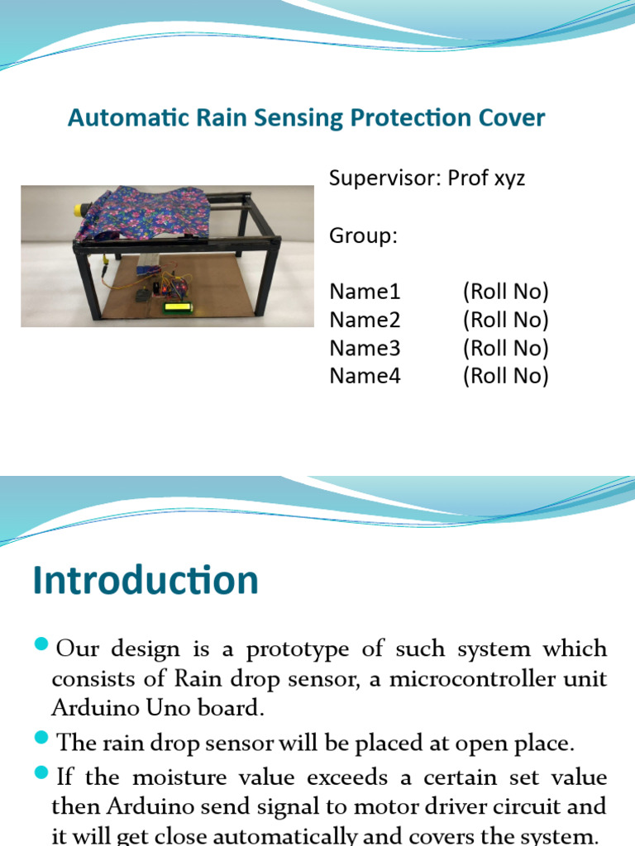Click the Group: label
(363, 236)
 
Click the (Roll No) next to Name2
(505, 320)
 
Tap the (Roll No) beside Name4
(505, 376)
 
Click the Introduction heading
(146, 581)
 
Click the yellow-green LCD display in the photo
(176, 307)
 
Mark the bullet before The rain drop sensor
(42, 741)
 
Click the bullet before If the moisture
(42, 775)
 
